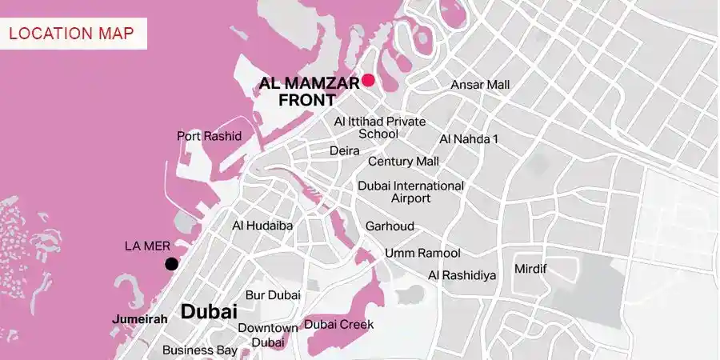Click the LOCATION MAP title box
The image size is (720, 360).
tap(74, 34)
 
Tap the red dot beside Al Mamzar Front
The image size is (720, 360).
tap(368, 79)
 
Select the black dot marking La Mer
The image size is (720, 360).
tap(170, 264)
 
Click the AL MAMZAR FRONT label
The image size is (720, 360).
tap(309, 91)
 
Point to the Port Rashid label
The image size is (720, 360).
tap(209, 136)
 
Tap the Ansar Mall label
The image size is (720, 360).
tap(480, 85)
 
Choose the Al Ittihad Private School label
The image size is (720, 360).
tap(379, 127)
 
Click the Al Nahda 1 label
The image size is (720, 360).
tap(469, 139)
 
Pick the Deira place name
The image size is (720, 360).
tap(344, 150)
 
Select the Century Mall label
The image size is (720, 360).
tap(403, 162)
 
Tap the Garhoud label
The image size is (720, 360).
tap(390, 226)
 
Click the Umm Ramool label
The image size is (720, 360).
tap(422, 254)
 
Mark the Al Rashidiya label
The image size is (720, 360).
tap(462, 275)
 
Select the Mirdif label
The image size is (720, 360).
tap(530, 268)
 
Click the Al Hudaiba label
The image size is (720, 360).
tap(262, 226)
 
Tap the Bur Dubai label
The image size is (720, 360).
tap(273, 295)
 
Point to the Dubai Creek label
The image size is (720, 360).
tap(338, 325)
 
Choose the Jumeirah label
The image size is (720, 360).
tap(141, 318)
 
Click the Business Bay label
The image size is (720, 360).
tap(199, 350)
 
